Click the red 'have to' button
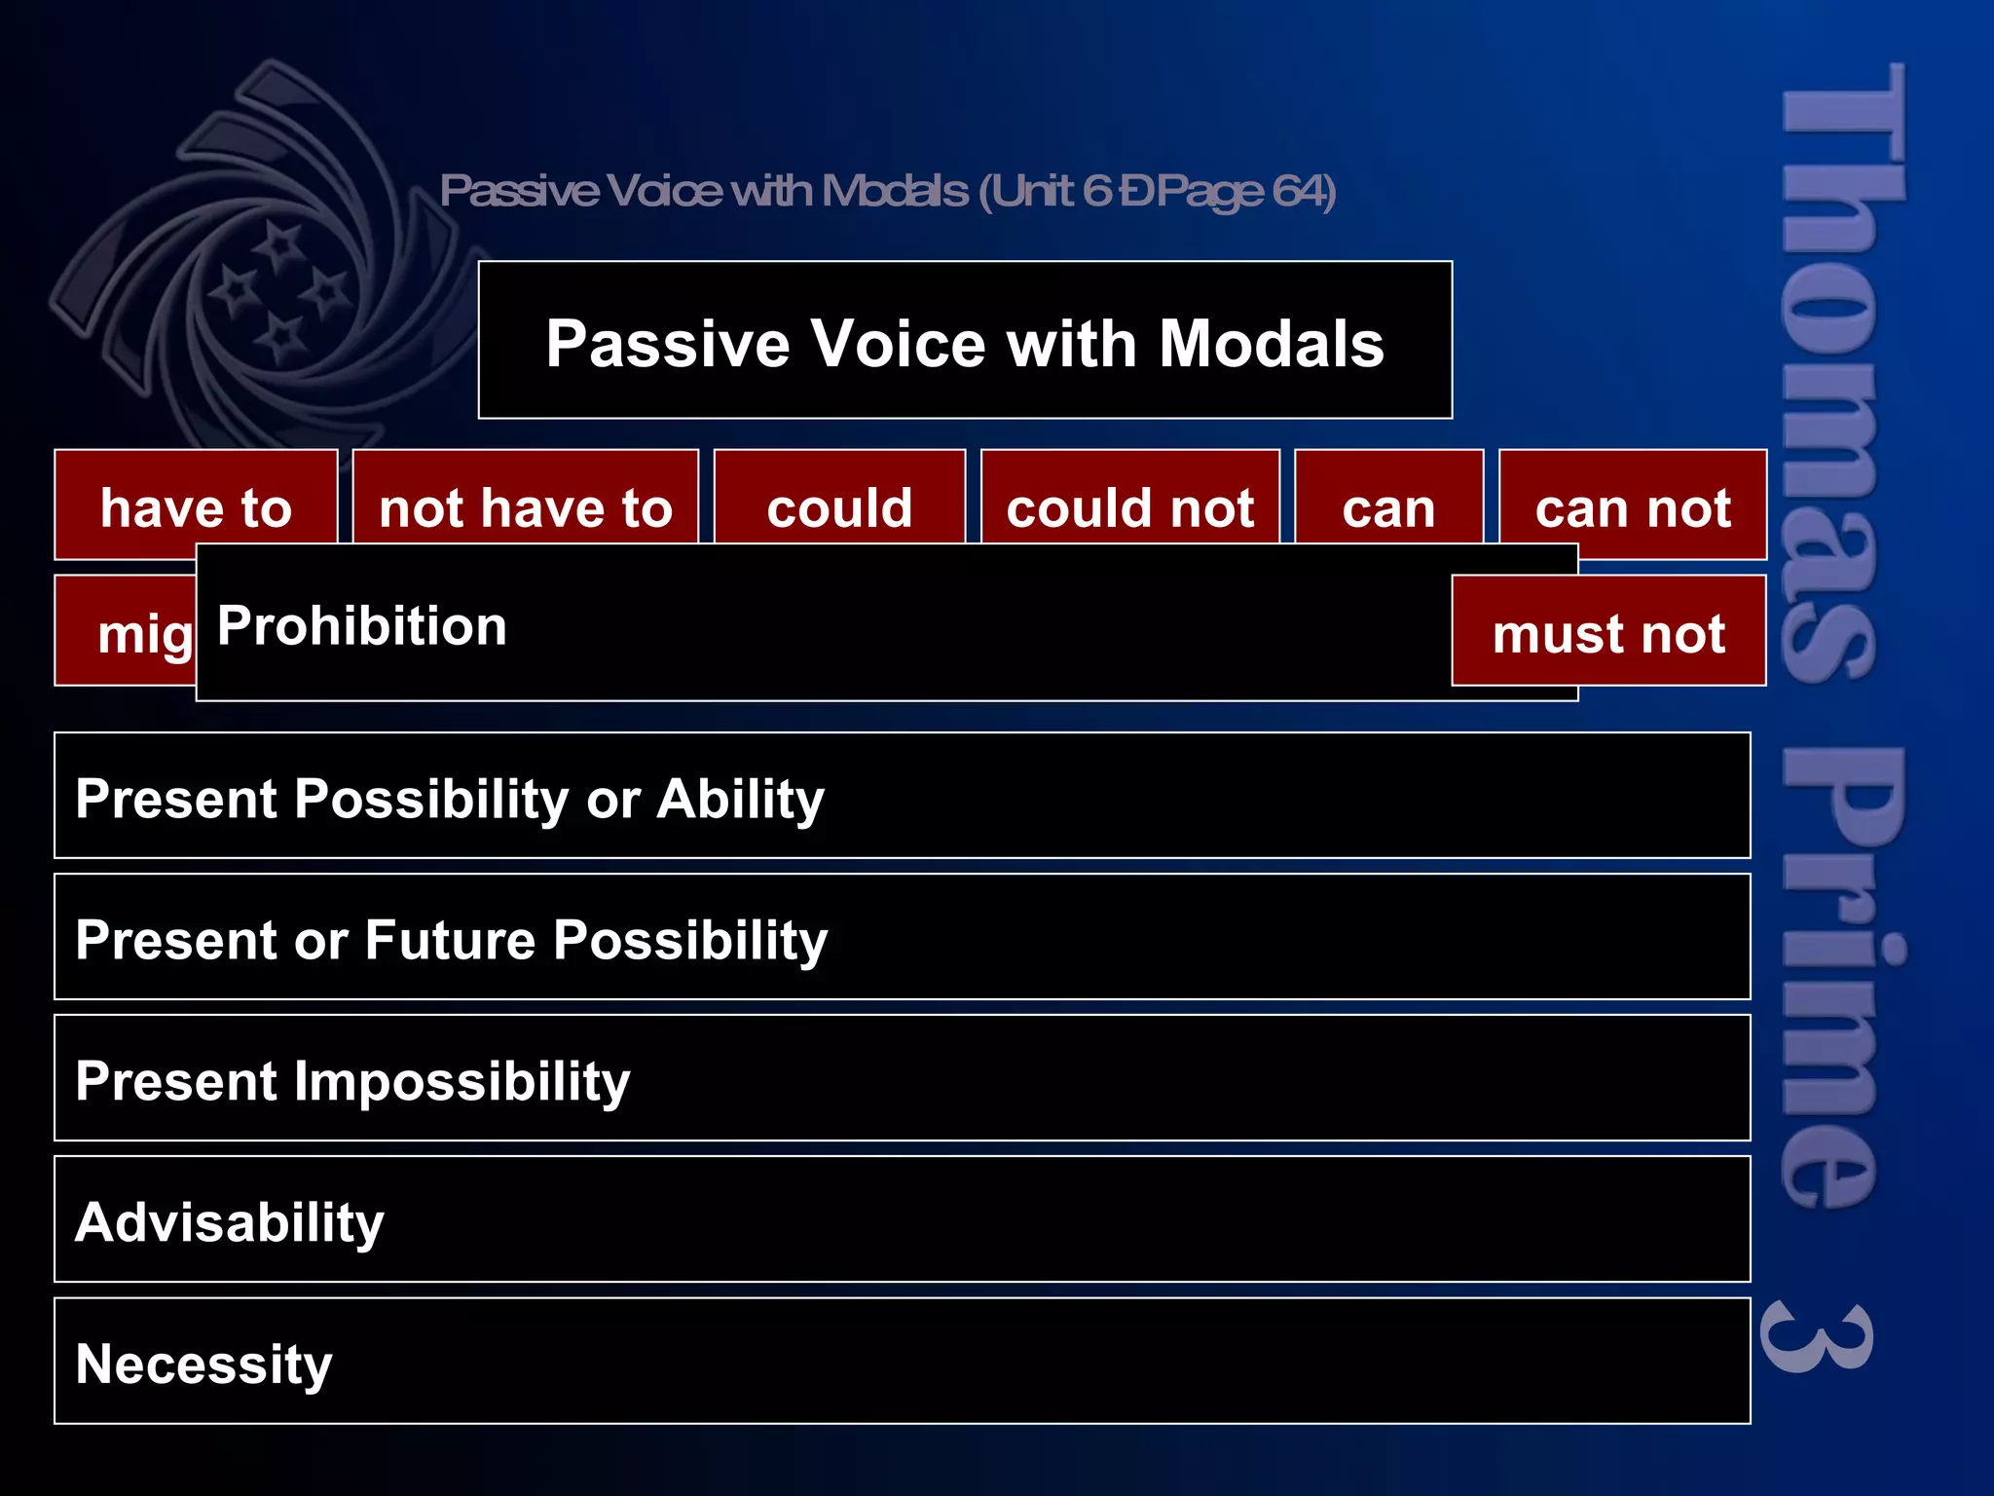coord(196,506)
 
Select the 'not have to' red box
coord(526,506)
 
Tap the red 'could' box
coord(839,506)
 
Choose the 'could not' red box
coord(1129,506)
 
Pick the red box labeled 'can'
coord(1388,506)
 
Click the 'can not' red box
coord(1633,506)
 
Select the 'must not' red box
coord(1608,633)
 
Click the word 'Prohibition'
coord(361,625)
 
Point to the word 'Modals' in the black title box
coord(1271,344)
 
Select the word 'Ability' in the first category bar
coord(740,799)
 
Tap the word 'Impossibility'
coord(462,1081)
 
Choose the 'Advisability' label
coord(230,1222)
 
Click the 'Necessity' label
coord(203,1364)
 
